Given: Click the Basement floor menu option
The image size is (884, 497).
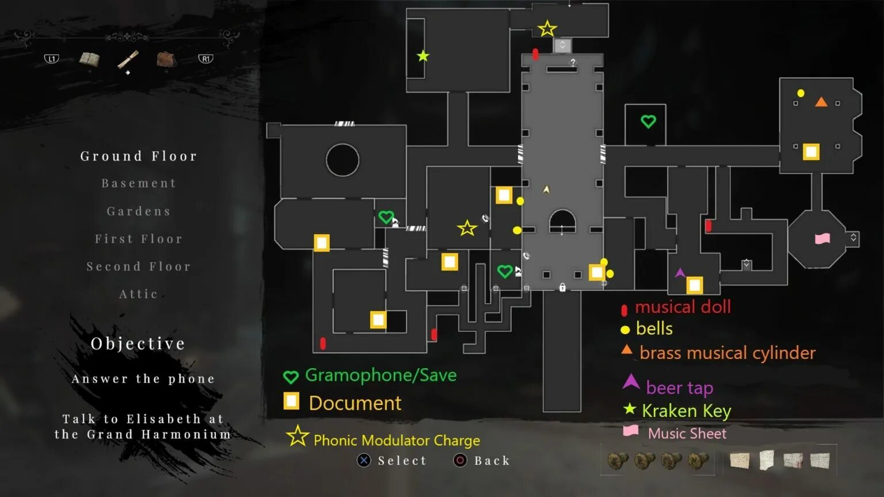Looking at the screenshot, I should pyautogui.click(x=139, y=183).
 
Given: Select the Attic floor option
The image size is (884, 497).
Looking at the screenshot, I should pyautogui.click(x=139, y=294).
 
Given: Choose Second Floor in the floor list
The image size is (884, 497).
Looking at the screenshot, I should pyautogui.click(x=139, y=266).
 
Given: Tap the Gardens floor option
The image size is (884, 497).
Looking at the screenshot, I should pyautogui.click(x=139, y=211).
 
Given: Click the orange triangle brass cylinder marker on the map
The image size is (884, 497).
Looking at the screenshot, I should pyautogui.click(x=821, y=102).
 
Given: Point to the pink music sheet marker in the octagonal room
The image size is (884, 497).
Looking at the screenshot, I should pyautogui.click(x=822, y=238).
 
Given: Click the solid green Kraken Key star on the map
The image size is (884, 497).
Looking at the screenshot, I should pyautogui.click(x=423, y=56).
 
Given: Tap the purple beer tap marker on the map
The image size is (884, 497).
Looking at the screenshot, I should pyautogui.click(x=680, y=272).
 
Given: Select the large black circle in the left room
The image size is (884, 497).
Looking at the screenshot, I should pyautogui.click(x=342, y=160).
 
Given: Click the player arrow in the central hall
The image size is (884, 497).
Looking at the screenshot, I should pyautogui.click(x=546, y=189).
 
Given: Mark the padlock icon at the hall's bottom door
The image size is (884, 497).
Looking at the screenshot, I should pyautogui.click(x=562, y=287).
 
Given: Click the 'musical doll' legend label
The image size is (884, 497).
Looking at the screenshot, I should pyautogui.click(x=683, y=307).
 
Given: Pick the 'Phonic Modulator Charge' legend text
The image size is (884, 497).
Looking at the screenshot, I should pyautogui.click(x=397, y=441).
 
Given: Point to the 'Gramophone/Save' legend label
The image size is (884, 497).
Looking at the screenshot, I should pyautogui.click(x=380, y=375).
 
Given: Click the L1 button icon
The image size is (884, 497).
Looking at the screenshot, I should pyautogui.click(x=52, y=59).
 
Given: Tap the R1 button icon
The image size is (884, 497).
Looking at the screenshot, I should pyautogui.click(x=205, y=59).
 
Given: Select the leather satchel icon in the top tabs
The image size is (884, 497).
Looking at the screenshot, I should pyautogui.click(x=166, y=59).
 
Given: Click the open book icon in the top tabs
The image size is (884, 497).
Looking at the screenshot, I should pyautogui.click(x=89, y=59).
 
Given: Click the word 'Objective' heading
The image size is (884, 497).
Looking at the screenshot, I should pyautogui.click(x=138, y=343).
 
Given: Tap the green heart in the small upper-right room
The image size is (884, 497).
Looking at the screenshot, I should pyautogui.click(x=648, y=121).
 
